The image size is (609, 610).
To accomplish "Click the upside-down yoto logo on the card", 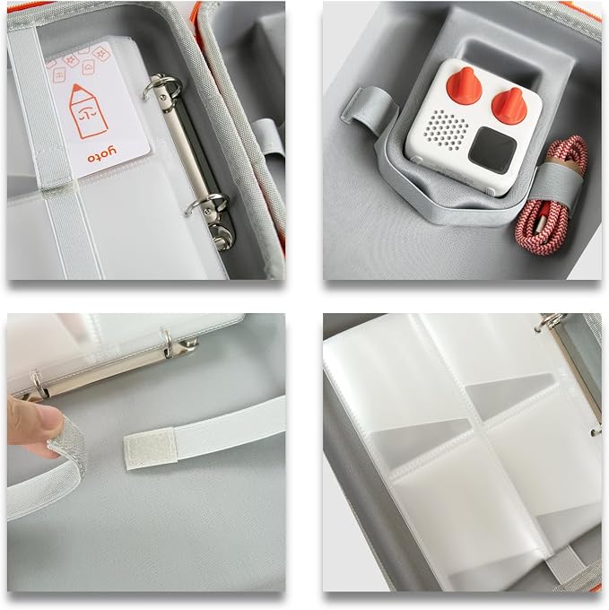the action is [102, 154].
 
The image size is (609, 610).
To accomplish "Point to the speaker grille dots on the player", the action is [445, 130].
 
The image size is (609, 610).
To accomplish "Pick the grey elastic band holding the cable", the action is [554, 182].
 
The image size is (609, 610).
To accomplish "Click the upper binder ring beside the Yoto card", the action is [162, 89].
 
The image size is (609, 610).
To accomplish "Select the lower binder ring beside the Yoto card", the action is [207, 204].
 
